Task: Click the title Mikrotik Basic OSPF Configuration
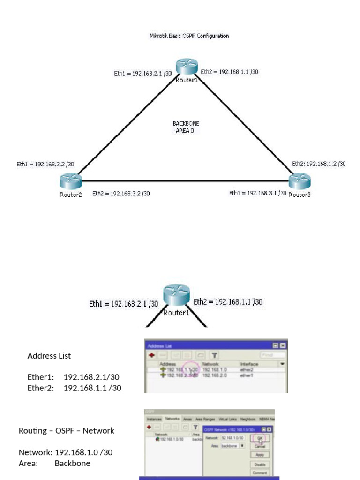189,36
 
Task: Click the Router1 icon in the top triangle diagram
187,67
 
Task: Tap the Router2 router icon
71,180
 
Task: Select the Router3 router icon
300,180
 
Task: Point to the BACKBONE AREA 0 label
186,127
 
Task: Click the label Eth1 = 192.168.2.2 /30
45,164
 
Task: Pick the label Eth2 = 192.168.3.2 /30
121,193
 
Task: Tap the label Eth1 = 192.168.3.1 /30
257,193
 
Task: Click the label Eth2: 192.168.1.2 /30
319,164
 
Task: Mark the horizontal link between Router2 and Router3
187,181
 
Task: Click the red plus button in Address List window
152,355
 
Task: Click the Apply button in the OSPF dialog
260,455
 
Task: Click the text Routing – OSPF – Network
67,430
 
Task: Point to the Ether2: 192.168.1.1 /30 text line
75,388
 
